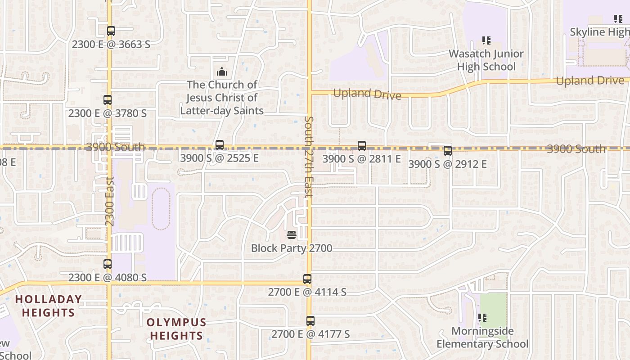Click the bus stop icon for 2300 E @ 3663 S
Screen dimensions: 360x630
pyautogui.click(x=111, y=31)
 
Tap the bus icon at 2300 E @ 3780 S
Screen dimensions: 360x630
pyautogui.click(x=107, y=100)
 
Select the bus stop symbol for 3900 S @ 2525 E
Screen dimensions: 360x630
pyautogui.click(x=219, y=145)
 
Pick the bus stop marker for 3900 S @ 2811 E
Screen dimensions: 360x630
pyautogui.click(x=361, y=146)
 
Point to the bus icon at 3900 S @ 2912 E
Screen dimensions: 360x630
pyautogui.click(x=447, y=151)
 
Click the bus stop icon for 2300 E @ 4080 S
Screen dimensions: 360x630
pyautogui.click(x=107, y=264)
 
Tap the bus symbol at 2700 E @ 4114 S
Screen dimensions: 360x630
pyautogui.click(x=307, y=279)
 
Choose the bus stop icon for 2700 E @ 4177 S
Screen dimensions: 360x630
pyautogui.click(x=310, y=321)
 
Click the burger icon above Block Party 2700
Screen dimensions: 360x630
pyautogui.click(x=291, y=234)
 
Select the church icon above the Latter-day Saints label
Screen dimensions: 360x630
pyautogui.click(x=221, y=72)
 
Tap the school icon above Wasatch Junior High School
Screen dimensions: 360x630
pyautogui.click(x=486, y=40)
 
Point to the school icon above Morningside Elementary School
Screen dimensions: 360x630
pyautogui.click(x=482, y=318)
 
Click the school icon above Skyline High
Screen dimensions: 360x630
pyautogui.click(x=618, y=19)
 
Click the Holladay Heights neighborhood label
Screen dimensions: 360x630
pyautogui.click(x=49, y=306)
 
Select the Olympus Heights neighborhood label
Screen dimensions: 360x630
pyautogui.click(x=176, y=329)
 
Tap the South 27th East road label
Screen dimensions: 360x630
pyautogui.click(x=309, y=157)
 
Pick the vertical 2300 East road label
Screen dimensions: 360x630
pyautogui.click(x=110, y=201)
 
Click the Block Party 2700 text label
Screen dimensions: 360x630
pyautogui.click(x=292, y=248)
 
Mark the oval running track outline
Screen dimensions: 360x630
pyautogui.click(x=161, y=209)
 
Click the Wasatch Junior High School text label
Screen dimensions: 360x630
pyautogui.click(x=486, y=60)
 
